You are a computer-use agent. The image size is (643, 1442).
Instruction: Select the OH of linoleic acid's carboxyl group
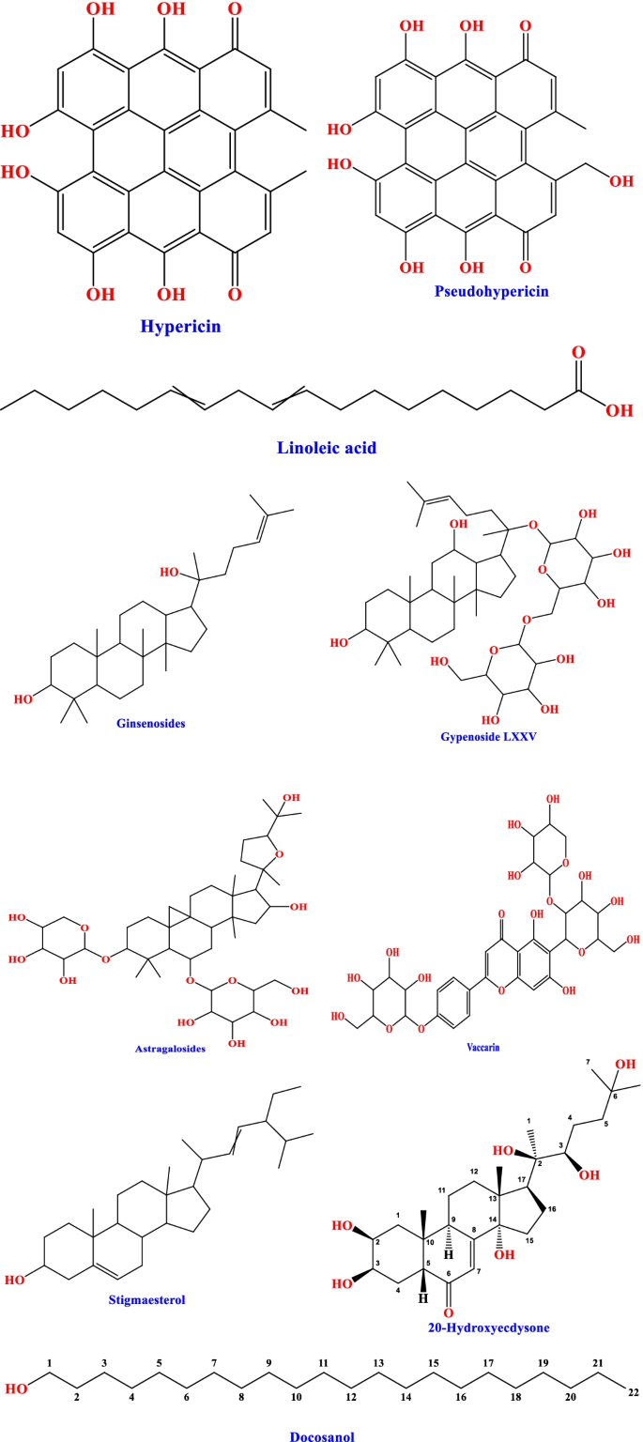coord(618,409)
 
